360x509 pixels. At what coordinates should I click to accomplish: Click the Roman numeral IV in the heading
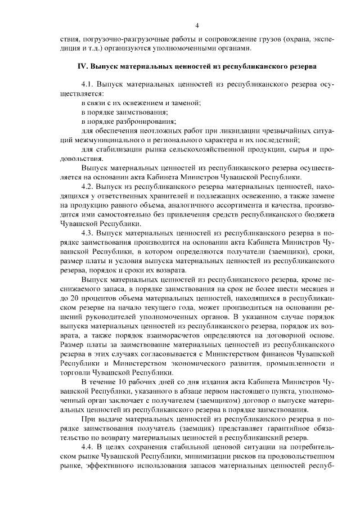coord(81,66)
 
